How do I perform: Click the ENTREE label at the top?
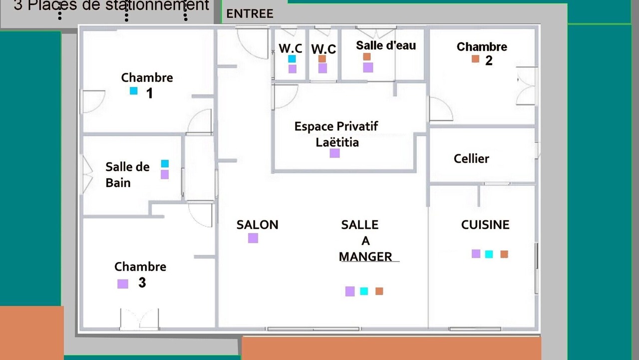click(x=250, y=14)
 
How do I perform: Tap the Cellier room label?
click(x=471, y=158)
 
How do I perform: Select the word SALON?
click(x=257, y=224)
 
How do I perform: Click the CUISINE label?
click(x=485, y=224)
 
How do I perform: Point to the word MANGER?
click(x=365, y=256)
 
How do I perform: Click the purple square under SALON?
click(x=253, y=238)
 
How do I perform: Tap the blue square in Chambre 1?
click(x=133, y=90)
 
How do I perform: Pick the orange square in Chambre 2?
click(x=475, y=59)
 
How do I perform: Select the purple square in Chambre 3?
click(x=123, y=283)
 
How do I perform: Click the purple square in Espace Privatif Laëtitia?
click(x=334, y=153)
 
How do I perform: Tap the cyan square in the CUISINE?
click(x=489, y=254)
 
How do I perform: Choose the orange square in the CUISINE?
click(x=504, y=254)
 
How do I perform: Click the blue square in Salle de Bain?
click(x=165, y=163)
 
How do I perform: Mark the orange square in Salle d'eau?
click(x=367, y=56)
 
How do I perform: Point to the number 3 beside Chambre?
click(x=142, y=282)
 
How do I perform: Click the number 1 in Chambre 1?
click(x=149, y=93)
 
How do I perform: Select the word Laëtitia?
click(x=337, y=142)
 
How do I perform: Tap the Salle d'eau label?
click(x=386, y=45)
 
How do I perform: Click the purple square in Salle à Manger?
click(x=350, y=291)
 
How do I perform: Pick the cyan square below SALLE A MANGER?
click(x=364, y=291)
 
